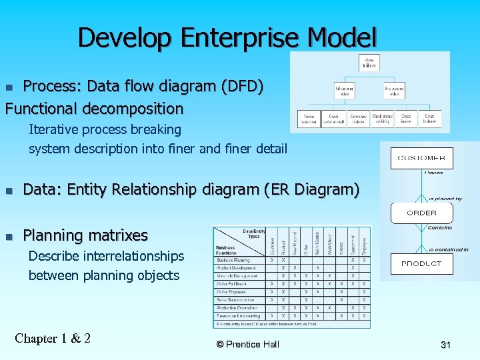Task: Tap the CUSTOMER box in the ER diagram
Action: coord(421,159)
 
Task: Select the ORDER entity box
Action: coord(421,213)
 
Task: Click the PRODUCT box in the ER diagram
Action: coord(421,264)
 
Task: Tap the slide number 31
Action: coord(445,345)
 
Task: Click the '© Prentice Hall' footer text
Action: coord(248,345)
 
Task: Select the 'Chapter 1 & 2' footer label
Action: coord(53,338)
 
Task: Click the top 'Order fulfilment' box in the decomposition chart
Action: coord(370,64)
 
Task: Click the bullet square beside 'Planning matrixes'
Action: coord(9,236)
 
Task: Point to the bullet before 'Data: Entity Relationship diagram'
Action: coord(9,191)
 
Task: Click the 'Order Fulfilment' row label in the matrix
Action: coord(231,284)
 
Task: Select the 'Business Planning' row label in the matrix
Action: coord(233,260)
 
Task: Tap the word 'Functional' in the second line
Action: coord(43,108)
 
